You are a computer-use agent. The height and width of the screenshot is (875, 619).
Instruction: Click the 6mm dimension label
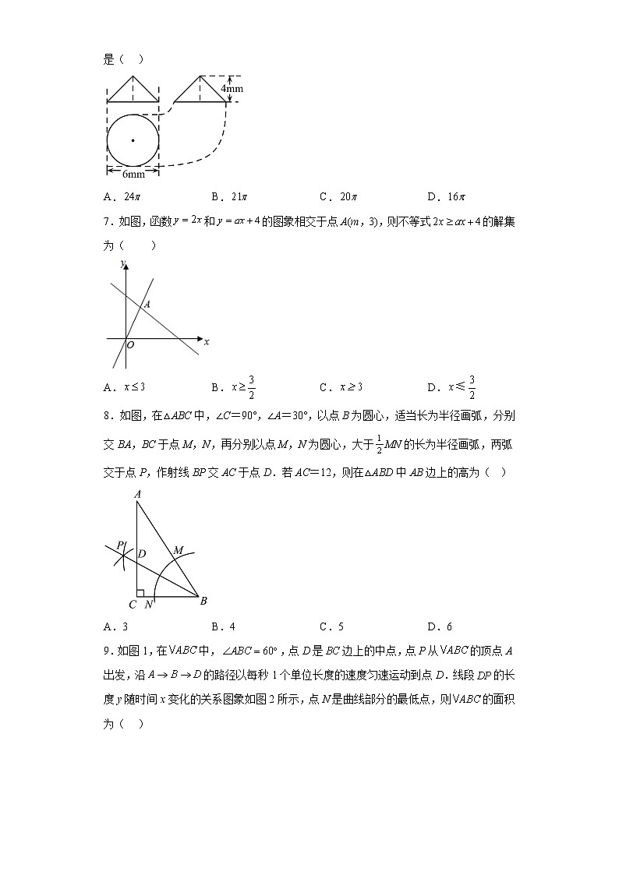(133, 175)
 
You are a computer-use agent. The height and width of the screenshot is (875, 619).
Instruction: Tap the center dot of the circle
(133, 140)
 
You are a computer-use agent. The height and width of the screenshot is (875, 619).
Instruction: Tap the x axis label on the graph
(207, 340)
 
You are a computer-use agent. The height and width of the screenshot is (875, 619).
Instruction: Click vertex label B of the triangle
(203, 601)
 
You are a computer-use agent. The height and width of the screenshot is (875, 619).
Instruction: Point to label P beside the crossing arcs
(119, 545)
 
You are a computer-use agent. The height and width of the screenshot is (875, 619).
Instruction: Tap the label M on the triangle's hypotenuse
(178, 551)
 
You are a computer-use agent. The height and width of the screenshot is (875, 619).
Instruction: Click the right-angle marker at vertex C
(140, 594)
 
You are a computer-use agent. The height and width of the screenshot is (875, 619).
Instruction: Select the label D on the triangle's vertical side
(142, 554)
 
